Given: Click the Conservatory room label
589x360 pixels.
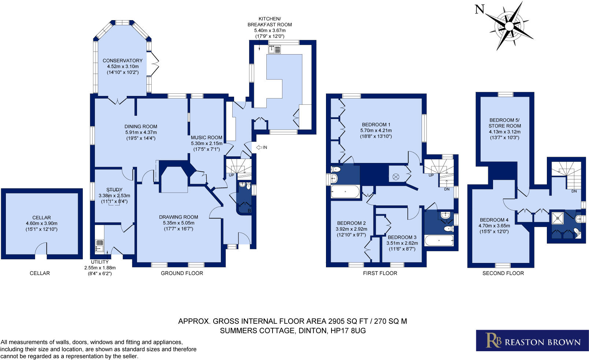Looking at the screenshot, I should pyautogui.click(x=122, y=61).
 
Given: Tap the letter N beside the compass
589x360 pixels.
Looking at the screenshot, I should pyautogui.click(x=479, y=9).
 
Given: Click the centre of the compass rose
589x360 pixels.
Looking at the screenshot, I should pyautogui.click(x=509, y=26).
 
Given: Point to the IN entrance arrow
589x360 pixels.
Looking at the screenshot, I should pyautogui.click(x=262, y=147).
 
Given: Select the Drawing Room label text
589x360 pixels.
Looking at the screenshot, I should pyautogui.click(x=178, y=217).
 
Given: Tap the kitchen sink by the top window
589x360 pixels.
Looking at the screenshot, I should pyautogui.click(x=274, y=49).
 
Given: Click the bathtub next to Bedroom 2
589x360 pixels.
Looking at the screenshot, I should pyautogui.click(x=345, y=192).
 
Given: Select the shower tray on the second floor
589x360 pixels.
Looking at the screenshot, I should pyautogui.click(x=558, y=218).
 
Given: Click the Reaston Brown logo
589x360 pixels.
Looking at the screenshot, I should pyautogui.click(x=532, y=341).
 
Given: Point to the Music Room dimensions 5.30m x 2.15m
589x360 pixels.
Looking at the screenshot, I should pyautogui.click(x=207, y=144).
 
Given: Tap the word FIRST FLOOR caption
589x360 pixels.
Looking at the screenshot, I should pyautogui.click(x=380, y=273).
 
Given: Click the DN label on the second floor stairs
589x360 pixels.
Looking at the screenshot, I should pyautogui.click(x=574, y=191).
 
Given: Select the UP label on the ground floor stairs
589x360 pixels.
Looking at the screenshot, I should pyautogui.click(x=231, y=175).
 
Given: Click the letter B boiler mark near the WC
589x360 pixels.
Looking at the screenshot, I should pyautogui.click(x=249, y=211).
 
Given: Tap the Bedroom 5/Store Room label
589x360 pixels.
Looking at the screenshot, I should pyautogui.click(x=504, y=123).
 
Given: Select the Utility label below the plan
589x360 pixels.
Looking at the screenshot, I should pyautogui.click(x=100, y=262).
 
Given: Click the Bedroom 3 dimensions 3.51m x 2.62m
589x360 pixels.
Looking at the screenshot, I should pyautogui.click(x=402, y=243).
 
